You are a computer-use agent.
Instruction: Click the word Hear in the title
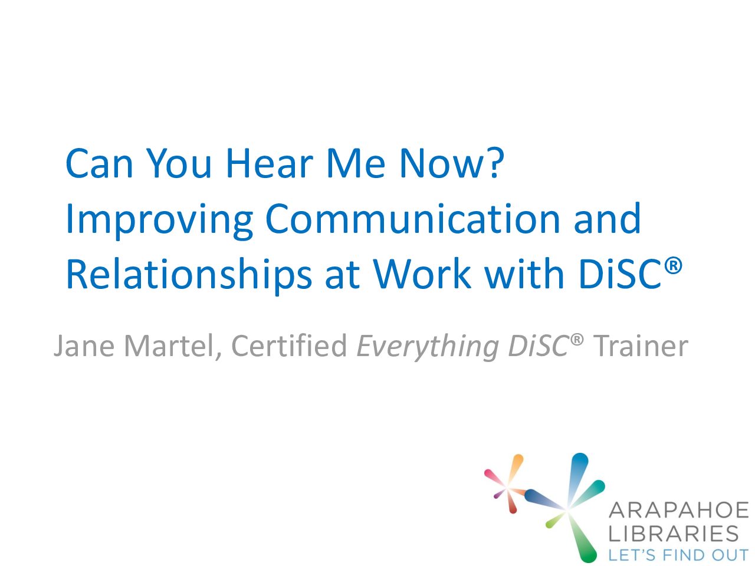point(270,163)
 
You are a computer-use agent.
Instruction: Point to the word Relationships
point(189,275)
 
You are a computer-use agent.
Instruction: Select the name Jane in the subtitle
point(84,345)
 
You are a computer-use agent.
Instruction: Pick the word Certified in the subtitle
point(289,345)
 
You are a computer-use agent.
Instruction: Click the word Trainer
point(641,345)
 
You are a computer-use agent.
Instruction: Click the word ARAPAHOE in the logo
point(679,510)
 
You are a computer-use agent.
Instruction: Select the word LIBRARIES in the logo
point(674,534)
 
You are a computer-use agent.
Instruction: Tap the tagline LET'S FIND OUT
point(678,555)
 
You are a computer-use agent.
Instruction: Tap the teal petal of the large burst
point(590,492)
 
